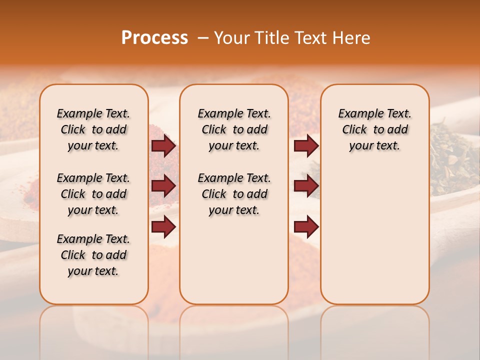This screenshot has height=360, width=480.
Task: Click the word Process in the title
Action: pyautogui.click(x=154, y=38)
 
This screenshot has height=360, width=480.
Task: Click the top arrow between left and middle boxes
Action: pyautogui.click(x=163, y=146)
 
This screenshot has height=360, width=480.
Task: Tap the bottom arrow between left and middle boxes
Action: pyautogui.click(x=163, y=227)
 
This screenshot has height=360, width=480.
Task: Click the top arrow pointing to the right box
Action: pyautogui.click(x=306, y=146)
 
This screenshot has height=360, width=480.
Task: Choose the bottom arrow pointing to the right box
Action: pyautogui.click(x=306, y=227)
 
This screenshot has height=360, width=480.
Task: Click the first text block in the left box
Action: pyautogui.click(x=93, y=129)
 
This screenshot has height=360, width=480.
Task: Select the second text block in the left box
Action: pyautogui.click(x=93, y=194)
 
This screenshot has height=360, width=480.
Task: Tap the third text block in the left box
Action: pyautogui.click(x=93, y=255)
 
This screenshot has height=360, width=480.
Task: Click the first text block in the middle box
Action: pyautogui.click(x=234, y=129)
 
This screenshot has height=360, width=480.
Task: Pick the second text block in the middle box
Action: pyautogui.click(x=234, y=194)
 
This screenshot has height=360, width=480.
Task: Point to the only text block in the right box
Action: pyautogui.click(x=374, y=129)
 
